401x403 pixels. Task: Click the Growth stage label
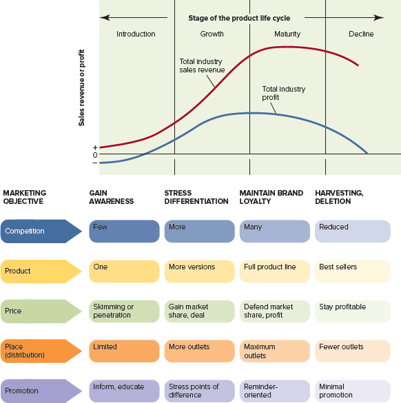[212, 34]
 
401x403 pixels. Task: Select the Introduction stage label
[136, 34]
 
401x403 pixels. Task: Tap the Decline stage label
[361, 34]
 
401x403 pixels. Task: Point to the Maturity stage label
[287, 34]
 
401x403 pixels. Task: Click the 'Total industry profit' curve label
[283, 93]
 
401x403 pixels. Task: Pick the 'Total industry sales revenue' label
[200, 65]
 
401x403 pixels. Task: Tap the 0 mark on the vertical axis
[95, 155]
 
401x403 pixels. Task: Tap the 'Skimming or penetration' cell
[124, 311]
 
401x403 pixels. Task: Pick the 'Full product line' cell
[274, 271]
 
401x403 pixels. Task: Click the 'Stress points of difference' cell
[199, 391]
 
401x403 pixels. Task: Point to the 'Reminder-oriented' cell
[274, 391]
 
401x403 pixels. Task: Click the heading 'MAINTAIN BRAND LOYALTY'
[271, 197]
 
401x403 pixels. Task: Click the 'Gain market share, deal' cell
[199, 311]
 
